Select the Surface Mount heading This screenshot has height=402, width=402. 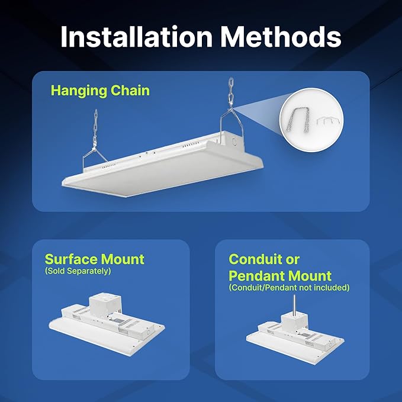coord(94,259)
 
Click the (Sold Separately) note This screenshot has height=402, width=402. coord(78,271)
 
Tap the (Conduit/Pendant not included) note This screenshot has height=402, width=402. coord(289,288)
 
